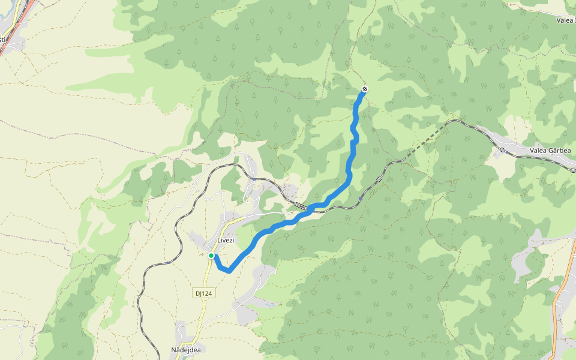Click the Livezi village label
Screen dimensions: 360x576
point(225,241)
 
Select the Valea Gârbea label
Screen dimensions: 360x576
point(550,151)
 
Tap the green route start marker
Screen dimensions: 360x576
point(211,256)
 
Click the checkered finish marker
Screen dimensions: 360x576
point(364,90)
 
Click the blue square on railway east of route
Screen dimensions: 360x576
point(360,198)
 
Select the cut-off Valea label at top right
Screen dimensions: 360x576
point(566,20)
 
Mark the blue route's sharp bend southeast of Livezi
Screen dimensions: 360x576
point(228,271)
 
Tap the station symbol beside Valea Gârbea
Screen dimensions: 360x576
point(508,151)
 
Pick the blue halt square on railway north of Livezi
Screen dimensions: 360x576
point(254,178)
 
